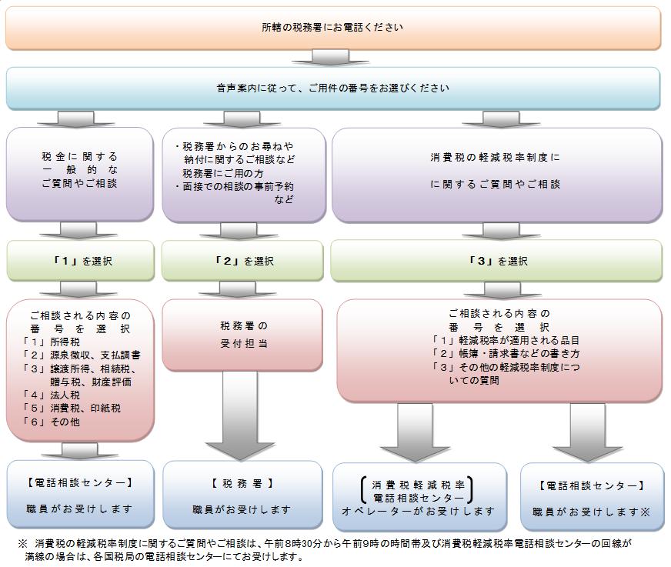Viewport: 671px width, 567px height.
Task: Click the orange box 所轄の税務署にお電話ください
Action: point(332,28)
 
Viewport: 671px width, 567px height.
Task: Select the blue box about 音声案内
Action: point(332,88)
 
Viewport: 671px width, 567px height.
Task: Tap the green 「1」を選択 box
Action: point(80,261)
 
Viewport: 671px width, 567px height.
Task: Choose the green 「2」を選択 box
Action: point(242,261)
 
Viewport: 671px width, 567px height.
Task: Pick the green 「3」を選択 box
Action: point(496,261)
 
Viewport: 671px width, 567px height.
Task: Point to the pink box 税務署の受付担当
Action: point(242,335)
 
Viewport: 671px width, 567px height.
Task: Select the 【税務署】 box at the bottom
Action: point(242,496)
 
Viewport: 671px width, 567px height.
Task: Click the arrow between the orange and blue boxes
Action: point(332,58)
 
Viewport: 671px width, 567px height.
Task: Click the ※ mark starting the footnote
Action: point(22,543)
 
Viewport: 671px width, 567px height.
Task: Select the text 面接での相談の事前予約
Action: point(239,186)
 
